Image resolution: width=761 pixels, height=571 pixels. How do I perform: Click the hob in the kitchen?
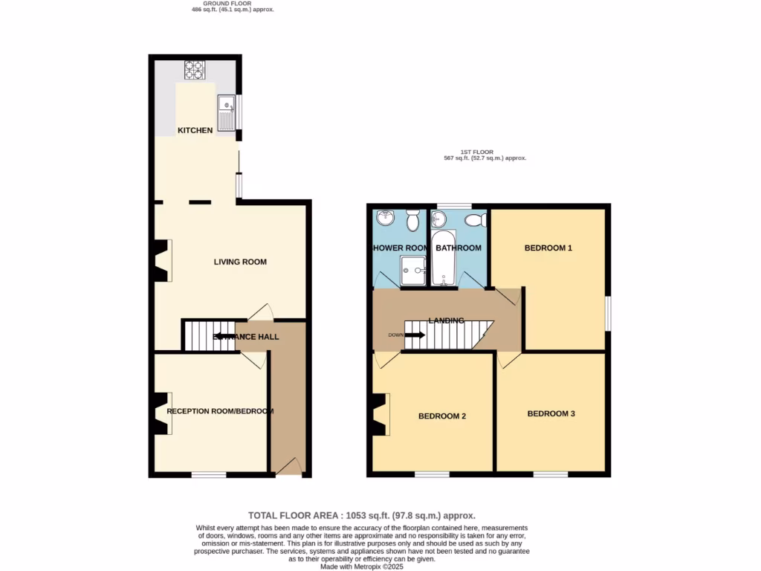[194, 70]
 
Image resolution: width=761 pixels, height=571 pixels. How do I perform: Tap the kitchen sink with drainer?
[226, 113]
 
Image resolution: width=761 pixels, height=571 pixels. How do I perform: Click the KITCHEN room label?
[195, 131]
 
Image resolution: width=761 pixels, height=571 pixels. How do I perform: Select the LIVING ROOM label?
[240, 262]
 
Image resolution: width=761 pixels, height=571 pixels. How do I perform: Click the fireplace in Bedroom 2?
[380, 414]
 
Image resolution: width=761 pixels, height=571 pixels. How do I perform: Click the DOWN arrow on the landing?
[414, 335]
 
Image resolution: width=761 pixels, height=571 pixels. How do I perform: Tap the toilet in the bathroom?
[474, 220]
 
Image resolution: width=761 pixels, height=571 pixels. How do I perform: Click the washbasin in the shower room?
[386, 218]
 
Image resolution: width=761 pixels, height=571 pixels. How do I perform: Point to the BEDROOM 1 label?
[548, 248]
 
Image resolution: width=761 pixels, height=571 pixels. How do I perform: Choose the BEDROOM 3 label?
[551, 413]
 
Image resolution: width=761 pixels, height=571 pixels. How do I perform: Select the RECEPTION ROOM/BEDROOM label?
[220, 411]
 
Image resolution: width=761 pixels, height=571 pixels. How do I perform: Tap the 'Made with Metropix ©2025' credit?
[362, 566]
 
